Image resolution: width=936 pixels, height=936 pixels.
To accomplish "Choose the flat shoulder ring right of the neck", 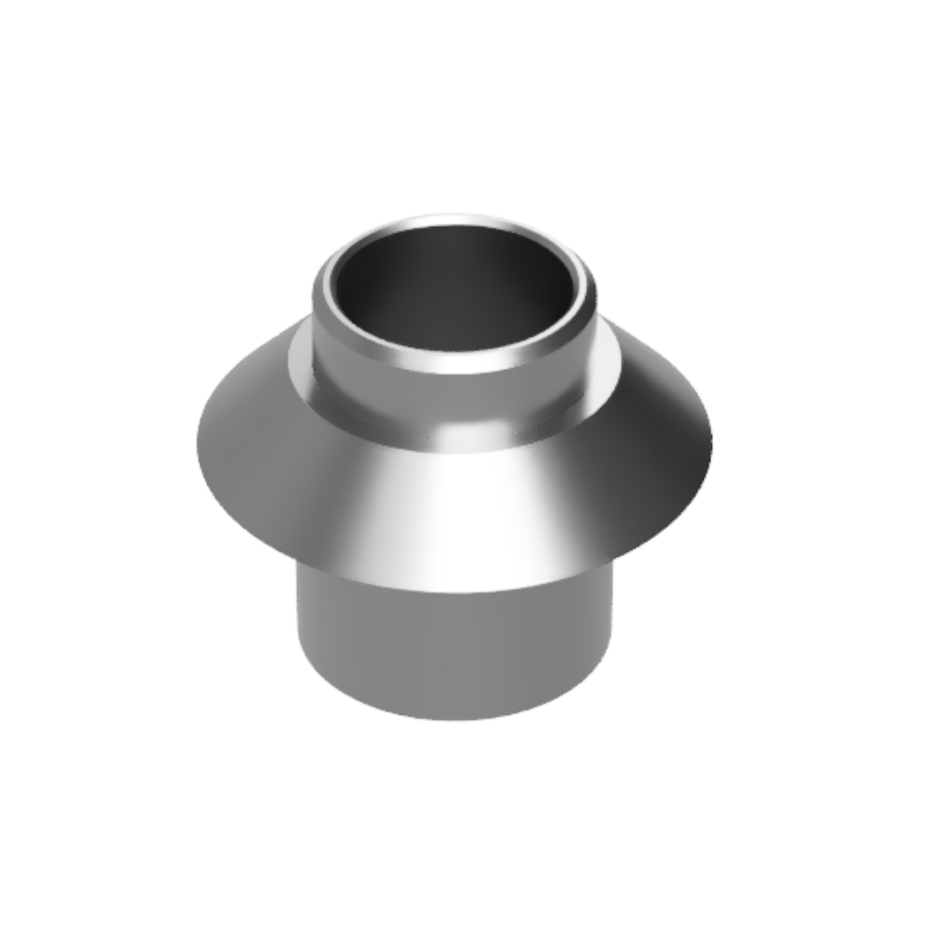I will (x=608, y=365).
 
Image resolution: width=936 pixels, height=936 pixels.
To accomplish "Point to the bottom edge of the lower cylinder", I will (x=454, y=719).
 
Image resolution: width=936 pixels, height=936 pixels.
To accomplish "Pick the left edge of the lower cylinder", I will (x=300, y=627).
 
